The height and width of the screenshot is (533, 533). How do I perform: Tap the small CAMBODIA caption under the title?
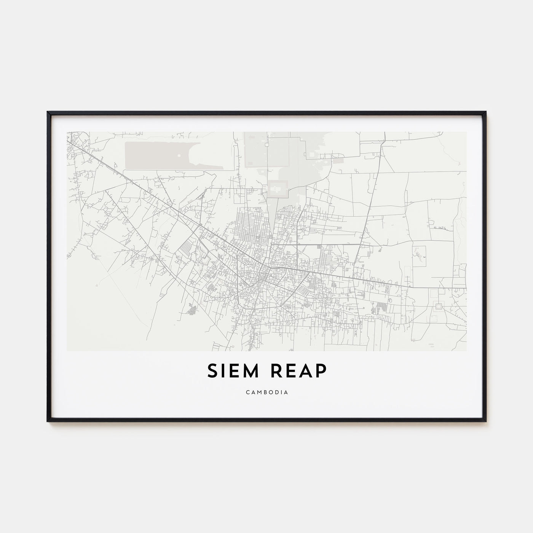pyautogui.click(x=266, y=392)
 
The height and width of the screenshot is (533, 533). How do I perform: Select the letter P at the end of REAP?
pyautogui.click(x=321, y=371)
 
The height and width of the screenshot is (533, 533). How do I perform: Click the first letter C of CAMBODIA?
pyautogui.click(x=247, y=392)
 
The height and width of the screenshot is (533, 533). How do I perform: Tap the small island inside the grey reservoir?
pyautogui.click(x=179, y=155)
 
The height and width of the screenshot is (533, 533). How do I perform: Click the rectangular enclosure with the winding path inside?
pyautogui.click(x=419, y=256)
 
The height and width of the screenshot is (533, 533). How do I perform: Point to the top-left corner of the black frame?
pyautogui.click(x=48, y=112)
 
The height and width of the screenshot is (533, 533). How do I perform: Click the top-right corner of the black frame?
pyautogui.click(x=485, y=112)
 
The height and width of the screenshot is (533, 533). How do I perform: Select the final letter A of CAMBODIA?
pyautogui.click(x=286, y=392)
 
